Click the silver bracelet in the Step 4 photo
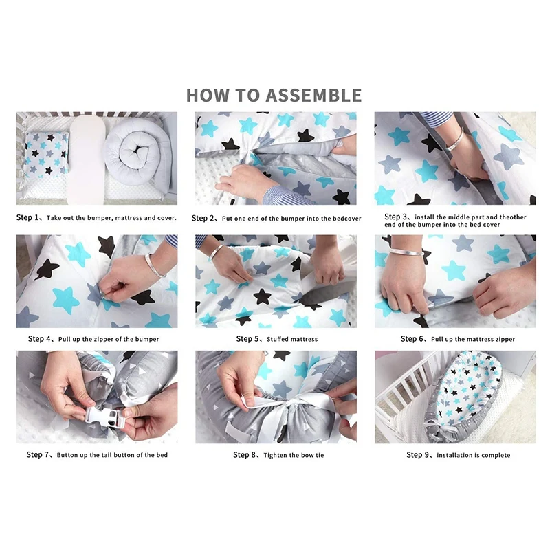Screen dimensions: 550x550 [155, 265]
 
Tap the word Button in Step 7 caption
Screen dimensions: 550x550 [70, 455]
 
